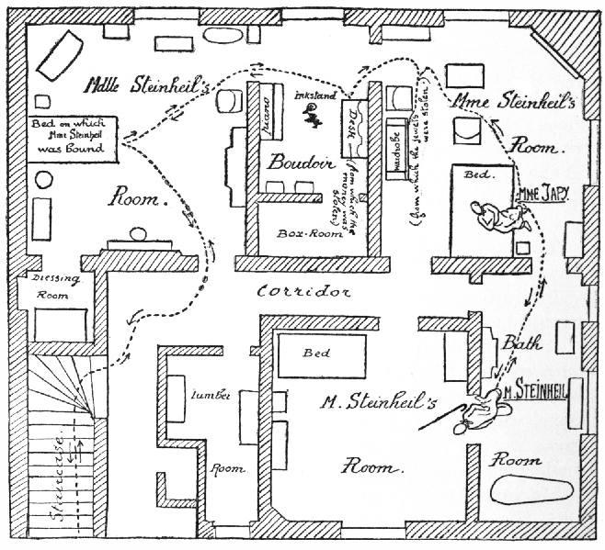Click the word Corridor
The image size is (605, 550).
(304, 292)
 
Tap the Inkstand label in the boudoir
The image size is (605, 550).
(316, 94)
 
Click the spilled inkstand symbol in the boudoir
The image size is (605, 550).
(313, 114)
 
